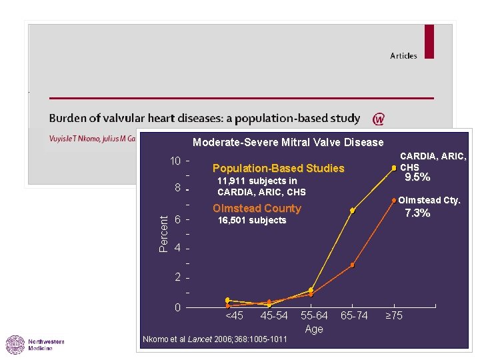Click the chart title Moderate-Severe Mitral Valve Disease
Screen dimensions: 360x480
pyautogui.click(x=288, y=142)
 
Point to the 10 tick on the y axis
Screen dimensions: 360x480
pyautogui.click(x=176, y=162)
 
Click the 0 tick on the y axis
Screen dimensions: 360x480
pyautogui.click(x=177, y=307)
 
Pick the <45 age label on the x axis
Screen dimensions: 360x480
pyautogui.click(x=234, y=315)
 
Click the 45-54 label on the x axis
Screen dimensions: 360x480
pyautogui.click(x=274, y=315)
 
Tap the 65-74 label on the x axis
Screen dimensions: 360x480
pyautogui.click(x=354, y=315)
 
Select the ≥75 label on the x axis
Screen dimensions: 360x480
pyautogui.click(x=395, y=315)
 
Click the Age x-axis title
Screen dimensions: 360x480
pyautogui.click(x=314, y=329)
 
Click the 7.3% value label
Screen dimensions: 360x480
pyautogui.click(x=418, y=213)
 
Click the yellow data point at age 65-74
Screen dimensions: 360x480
pyautogui.click(x=352, y=211)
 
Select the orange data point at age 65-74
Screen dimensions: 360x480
pyautogui.click(x=352, y=265)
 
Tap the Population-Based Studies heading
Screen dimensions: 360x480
pyautogui.click(x=278, y=169)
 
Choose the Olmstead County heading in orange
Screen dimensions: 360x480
pyautogui.click(x=257, y=208)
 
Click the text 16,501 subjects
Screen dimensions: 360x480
pyautogui.click(x=252, y=221)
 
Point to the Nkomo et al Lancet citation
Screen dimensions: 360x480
pyautogui.click(x=215, y=340)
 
